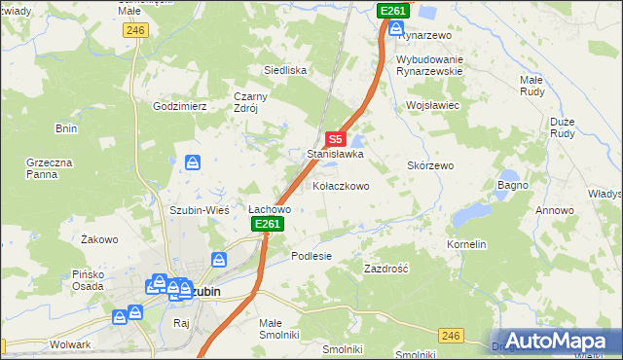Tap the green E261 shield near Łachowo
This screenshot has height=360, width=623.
pyautogui.click(x=268, y=225)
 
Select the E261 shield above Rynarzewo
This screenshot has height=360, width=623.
pyautogui.click(x=392, y=10)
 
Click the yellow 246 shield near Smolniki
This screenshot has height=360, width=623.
pyautogui.click(x=449, y=336)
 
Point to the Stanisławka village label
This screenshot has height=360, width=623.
pyautogui.click(x=335, y=154)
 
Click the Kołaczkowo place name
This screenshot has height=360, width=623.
pyautogui.click(x=341, y=185)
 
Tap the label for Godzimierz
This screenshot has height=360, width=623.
pyautogui.click(x=180, y=105)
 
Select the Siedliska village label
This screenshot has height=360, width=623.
pyautogui.click(x=286, y=70)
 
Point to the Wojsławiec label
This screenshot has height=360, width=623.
pyautogui.click(x=432, y=104)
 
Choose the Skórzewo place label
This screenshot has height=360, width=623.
pyautogui.click(x=430, y=165)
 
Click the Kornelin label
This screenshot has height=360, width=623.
pyautogui.click(x=466, y=244)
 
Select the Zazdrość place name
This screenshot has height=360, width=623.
pyautogui.click(x=385, y=268)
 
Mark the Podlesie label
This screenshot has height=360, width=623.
pyautogui.click(x=311, y=256)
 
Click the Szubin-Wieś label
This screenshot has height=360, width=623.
pyautogui.click(x=199, y=209)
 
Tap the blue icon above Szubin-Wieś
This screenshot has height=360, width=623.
pyautogui.click(x=193, y=162)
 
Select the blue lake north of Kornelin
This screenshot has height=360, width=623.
pyautogui.click(x=474, y=212)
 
